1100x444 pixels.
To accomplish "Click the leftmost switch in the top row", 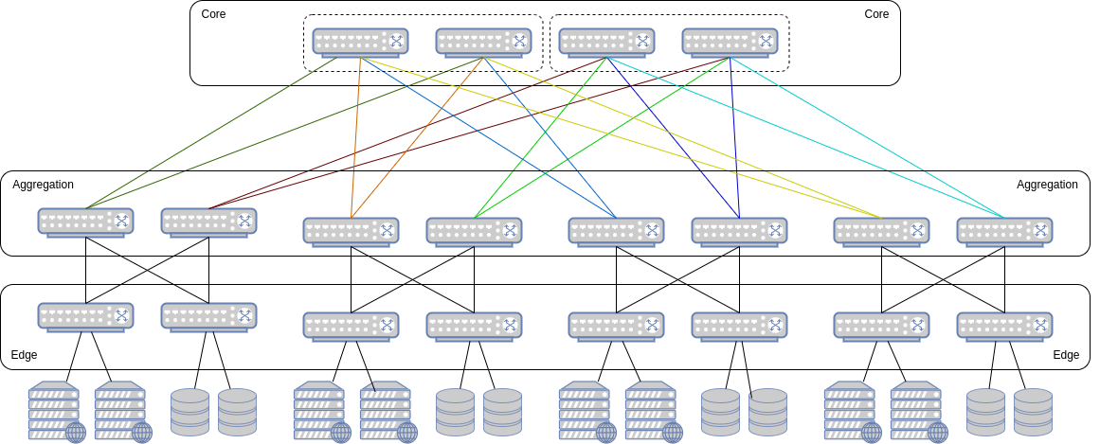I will [360, 41].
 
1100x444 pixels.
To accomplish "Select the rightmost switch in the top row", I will [730, 41].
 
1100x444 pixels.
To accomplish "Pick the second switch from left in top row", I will [483, 41].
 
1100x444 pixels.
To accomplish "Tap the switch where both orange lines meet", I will [351, 230].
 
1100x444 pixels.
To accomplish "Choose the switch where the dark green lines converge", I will [85, 221].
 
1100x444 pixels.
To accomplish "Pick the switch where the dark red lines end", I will [208, 221].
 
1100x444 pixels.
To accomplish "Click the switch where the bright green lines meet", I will [474, 230].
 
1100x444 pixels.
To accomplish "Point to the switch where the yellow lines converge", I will [881, 230].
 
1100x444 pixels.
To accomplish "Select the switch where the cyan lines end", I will [1004, 230].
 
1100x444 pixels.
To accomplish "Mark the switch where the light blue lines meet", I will [616, 230].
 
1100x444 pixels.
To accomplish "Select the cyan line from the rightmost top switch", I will [867, 137].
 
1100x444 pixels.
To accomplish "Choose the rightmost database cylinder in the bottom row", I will [1033, 412].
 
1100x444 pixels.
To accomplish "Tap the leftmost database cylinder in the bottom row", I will [189, 412].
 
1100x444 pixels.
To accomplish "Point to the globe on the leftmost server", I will [76, 433].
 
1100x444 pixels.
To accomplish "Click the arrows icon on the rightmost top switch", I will [766, 41].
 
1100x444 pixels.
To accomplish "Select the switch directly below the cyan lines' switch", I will [1004, 325].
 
